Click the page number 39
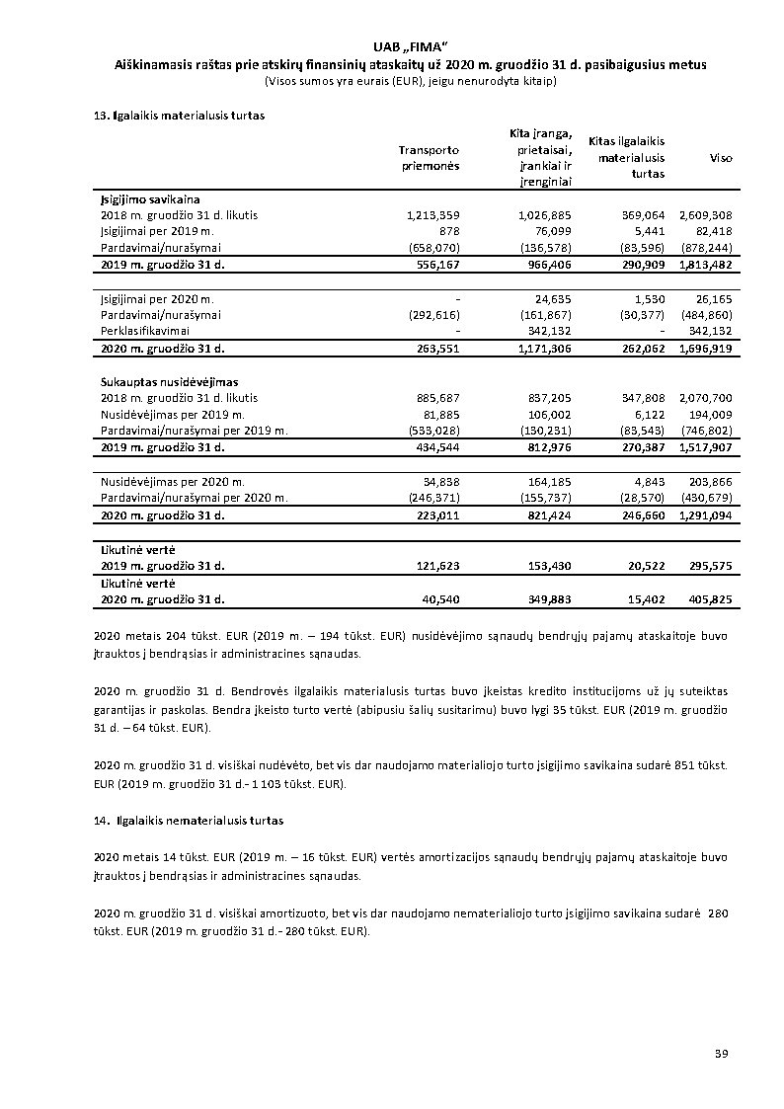coord(721,1055)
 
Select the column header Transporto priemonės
coord(429,158)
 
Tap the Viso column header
coord(721,158)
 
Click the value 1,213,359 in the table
coord(433,214)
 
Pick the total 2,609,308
coord(705,214)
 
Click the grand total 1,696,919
coord(705,349)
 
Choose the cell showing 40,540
coord(440,599)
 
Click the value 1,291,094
coord(705,515)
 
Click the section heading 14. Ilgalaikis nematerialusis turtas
coord(188,821)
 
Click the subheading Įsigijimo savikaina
coord(150,199)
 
